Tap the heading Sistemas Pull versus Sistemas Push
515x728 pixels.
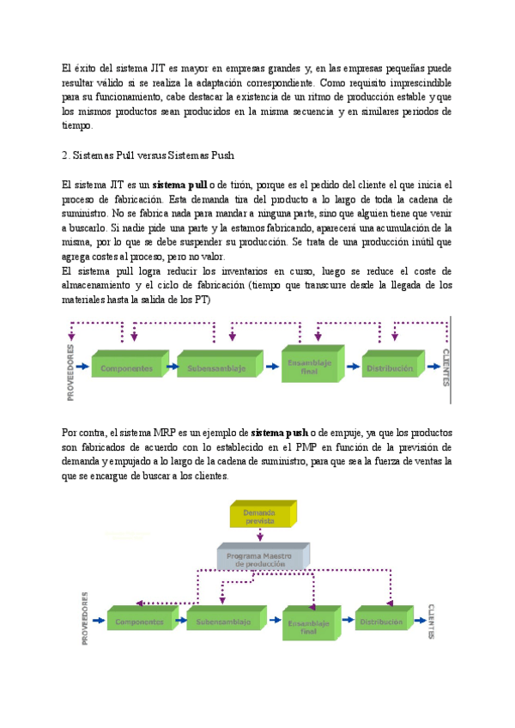tap(148, 155)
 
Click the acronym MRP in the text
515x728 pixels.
tap(169, 433)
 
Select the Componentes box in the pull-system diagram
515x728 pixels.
tap(127, 367)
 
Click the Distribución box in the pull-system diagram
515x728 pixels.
tap(391, 367)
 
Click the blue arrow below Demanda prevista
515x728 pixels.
tap(263, 535)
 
